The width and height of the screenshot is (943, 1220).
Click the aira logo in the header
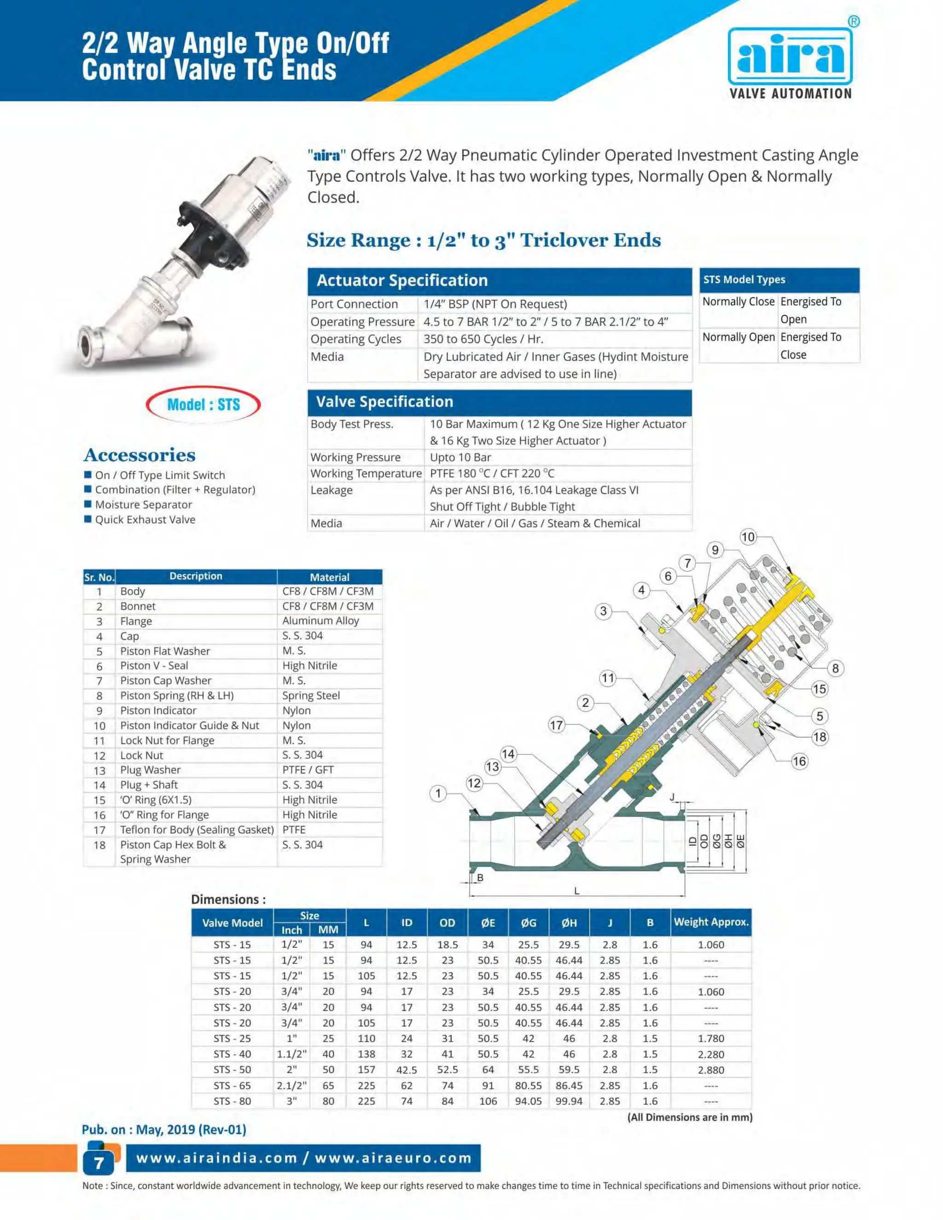pos(790,58)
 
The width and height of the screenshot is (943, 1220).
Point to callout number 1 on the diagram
pos(438,793)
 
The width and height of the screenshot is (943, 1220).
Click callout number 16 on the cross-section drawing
pos(799,761)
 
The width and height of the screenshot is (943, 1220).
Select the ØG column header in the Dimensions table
pos(528,923)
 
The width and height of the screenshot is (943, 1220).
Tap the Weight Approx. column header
pos(710,922)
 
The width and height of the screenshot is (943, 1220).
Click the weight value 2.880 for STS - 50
pos(710,1070)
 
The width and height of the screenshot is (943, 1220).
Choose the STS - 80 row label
pos(232,1101)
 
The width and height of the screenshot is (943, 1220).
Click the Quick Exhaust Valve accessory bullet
pos(145,519)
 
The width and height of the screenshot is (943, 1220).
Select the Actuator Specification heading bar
pos(500,280)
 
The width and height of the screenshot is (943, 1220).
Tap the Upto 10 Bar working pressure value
pos(460,457)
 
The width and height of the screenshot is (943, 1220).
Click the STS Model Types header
pos(779,279)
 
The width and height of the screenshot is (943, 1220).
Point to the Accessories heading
pos(140,455)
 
